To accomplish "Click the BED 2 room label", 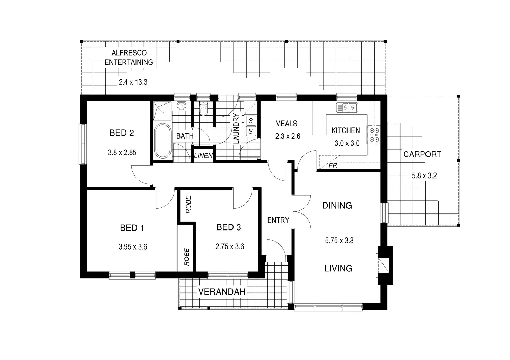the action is pos(122,133).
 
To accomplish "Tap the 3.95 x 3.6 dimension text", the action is pos(133,247).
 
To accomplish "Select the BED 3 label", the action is pos(229,227).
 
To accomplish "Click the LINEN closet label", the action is pos(203,156).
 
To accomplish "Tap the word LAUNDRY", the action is pos(236,128).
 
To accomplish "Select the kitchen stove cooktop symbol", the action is pos(374,135).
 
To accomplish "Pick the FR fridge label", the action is pos(333,166).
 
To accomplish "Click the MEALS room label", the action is pos(286,124).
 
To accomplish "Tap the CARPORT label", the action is pos(422,154).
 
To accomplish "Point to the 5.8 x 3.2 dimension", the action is pos(424,175).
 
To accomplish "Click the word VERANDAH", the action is pos(222,292).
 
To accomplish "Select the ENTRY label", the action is pos(278,220).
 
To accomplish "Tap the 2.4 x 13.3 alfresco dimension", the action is pos(133,82).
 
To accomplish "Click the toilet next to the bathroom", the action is pos(203,110).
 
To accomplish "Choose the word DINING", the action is pos(337,206).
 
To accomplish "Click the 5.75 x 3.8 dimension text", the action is pos(339,240).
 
